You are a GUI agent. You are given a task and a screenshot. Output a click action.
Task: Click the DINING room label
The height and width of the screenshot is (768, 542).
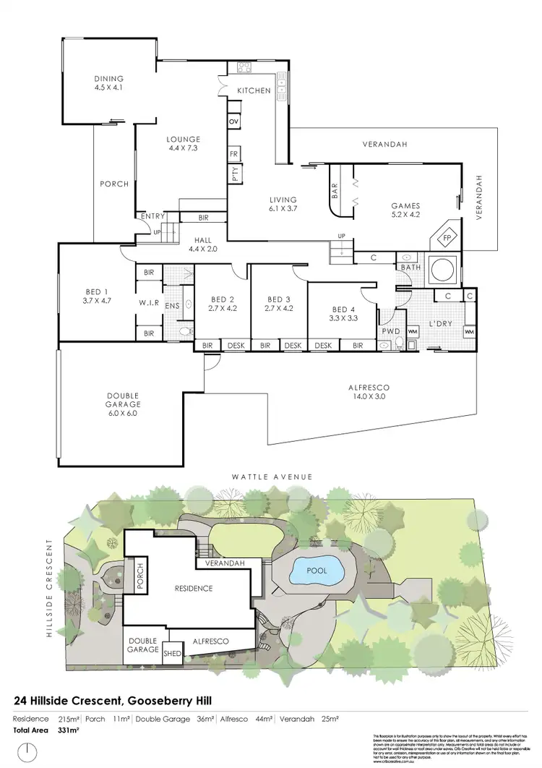[108, 79]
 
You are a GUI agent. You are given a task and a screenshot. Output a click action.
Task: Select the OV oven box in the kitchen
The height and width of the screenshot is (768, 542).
[233, 121]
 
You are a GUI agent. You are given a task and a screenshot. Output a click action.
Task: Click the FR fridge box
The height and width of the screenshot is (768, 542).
[233, 154]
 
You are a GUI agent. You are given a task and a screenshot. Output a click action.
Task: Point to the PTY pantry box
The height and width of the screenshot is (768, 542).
[235, 174]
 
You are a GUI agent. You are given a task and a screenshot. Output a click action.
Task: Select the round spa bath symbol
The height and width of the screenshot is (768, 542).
[440, 270]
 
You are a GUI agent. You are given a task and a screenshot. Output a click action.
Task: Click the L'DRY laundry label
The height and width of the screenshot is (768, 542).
[442, 323]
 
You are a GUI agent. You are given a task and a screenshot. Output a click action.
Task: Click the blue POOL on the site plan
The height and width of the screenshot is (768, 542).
[317, 571]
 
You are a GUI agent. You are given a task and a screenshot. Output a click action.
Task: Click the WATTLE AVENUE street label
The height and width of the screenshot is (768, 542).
[272, 477]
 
